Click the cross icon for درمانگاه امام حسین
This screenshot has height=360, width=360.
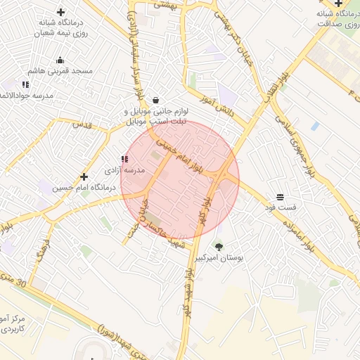point(84,177)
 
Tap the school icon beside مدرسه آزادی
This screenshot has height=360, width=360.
point(124,160)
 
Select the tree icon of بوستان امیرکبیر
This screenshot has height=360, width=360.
point(219,247)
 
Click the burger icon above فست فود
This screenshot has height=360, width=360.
point(280,196)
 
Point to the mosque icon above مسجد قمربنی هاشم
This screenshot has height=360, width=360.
point(60,60)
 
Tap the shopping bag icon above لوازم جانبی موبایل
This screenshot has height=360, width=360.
point(155,99)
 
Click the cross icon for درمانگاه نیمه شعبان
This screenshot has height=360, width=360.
point(60,12)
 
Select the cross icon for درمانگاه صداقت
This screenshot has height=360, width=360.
point(338,4)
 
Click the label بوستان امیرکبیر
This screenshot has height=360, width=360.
point(222,259)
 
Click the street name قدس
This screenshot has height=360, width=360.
point(83,124)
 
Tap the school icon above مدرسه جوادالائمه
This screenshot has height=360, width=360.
point(26,85)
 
